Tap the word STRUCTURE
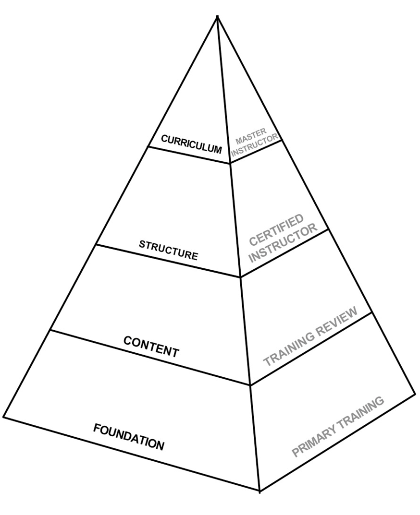(168, 250)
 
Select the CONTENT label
(151, 347)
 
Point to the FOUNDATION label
(128, 436)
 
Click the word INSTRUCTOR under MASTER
(255, 146)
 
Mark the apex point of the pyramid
(218, 17)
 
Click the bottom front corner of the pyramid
(260, 491)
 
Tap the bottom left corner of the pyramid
(4, 416)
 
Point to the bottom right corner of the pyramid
(415, 394)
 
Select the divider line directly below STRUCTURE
(168, 261)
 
